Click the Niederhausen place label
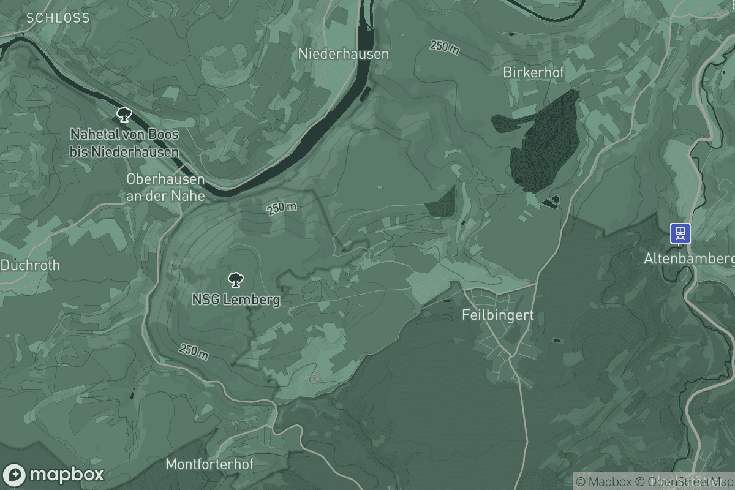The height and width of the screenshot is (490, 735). tap(343, 54)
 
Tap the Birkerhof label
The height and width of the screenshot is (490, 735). tap(533, 72)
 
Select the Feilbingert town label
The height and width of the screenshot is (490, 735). tap(497, 315)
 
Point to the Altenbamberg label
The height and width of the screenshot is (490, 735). tap(688, 259)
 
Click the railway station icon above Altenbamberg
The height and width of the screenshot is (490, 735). tap(680, 233)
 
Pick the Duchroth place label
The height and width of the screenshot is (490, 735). tap(31, 266)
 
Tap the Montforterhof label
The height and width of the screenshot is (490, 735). tap(209, 464)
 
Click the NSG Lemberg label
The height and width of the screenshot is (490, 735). tap(236, 300)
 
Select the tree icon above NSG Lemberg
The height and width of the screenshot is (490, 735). tap(234, 281)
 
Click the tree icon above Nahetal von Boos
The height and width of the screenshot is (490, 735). tap(124, 113)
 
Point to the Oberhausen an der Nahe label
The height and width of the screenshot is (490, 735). tap(165, 187)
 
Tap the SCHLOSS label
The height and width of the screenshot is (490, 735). tap(58, 18)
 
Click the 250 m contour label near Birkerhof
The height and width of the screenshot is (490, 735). tap(445, 47)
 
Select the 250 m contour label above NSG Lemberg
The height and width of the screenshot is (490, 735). tap(282, 208)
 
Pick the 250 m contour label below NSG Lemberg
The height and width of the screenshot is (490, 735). tap(194, 352)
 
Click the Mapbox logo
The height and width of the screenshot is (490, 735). tap(53, 475)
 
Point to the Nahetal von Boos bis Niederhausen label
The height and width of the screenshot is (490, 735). tap(124, 143)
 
